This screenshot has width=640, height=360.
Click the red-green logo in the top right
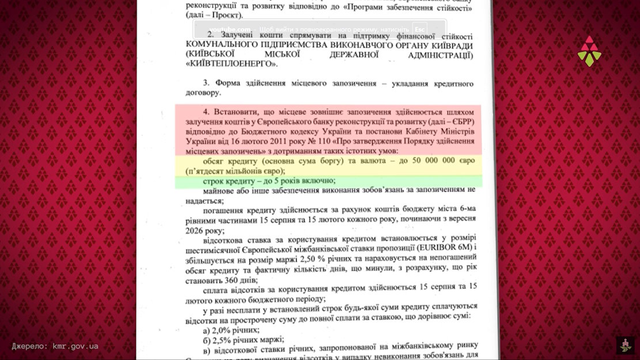[x=589, y=51]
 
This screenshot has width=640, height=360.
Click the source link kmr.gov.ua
[x=75, y=346]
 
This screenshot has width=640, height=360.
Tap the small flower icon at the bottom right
[x=625, y=345]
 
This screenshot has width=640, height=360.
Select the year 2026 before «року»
[x=196, y=229]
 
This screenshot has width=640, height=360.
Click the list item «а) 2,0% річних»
[x=232, y=331]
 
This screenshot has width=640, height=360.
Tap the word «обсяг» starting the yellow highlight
[x=216, y=161]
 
